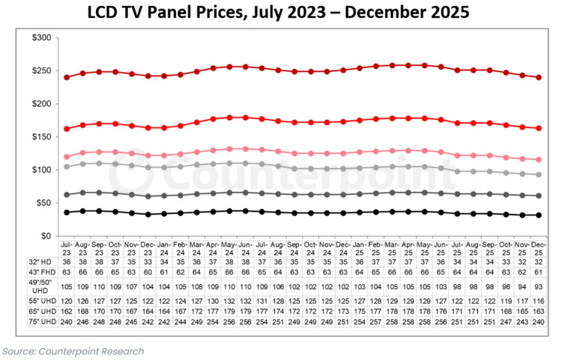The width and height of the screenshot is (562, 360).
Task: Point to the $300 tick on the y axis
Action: (41, 37)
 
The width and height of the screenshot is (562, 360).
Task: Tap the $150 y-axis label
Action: (41, 137)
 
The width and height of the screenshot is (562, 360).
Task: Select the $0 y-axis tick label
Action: (46, 236)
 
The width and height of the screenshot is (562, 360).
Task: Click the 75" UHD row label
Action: (43, 322)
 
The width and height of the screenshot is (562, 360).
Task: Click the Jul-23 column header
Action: (66, 248)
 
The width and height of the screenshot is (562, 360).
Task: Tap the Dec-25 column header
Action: (539, 248)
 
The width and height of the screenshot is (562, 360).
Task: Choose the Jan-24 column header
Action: (164, 248)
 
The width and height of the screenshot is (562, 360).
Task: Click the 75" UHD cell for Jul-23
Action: (66, 322)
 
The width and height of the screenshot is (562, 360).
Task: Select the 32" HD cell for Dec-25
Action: (539, 262)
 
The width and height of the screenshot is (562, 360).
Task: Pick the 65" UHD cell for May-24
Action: (229, 311)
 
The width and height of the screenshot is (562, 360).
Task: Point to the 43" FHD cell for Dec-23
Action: (148, 272)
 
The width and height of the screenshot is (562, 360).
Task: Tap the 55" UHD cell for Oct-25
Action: (506, 301)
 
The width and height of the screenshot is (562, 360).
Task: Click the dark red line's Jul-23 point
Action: (67, 77)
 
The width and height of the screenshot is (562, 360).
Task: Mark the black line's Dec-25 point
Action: (539, 215)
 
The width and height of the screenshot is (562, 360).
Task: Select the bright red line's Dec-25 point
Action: (539, 128)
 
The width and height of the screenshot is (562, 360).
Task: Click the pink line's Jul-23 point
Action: (67, 157)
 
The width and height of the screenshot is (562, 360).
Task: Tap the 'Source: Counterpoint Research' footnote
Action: (73, 352)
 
